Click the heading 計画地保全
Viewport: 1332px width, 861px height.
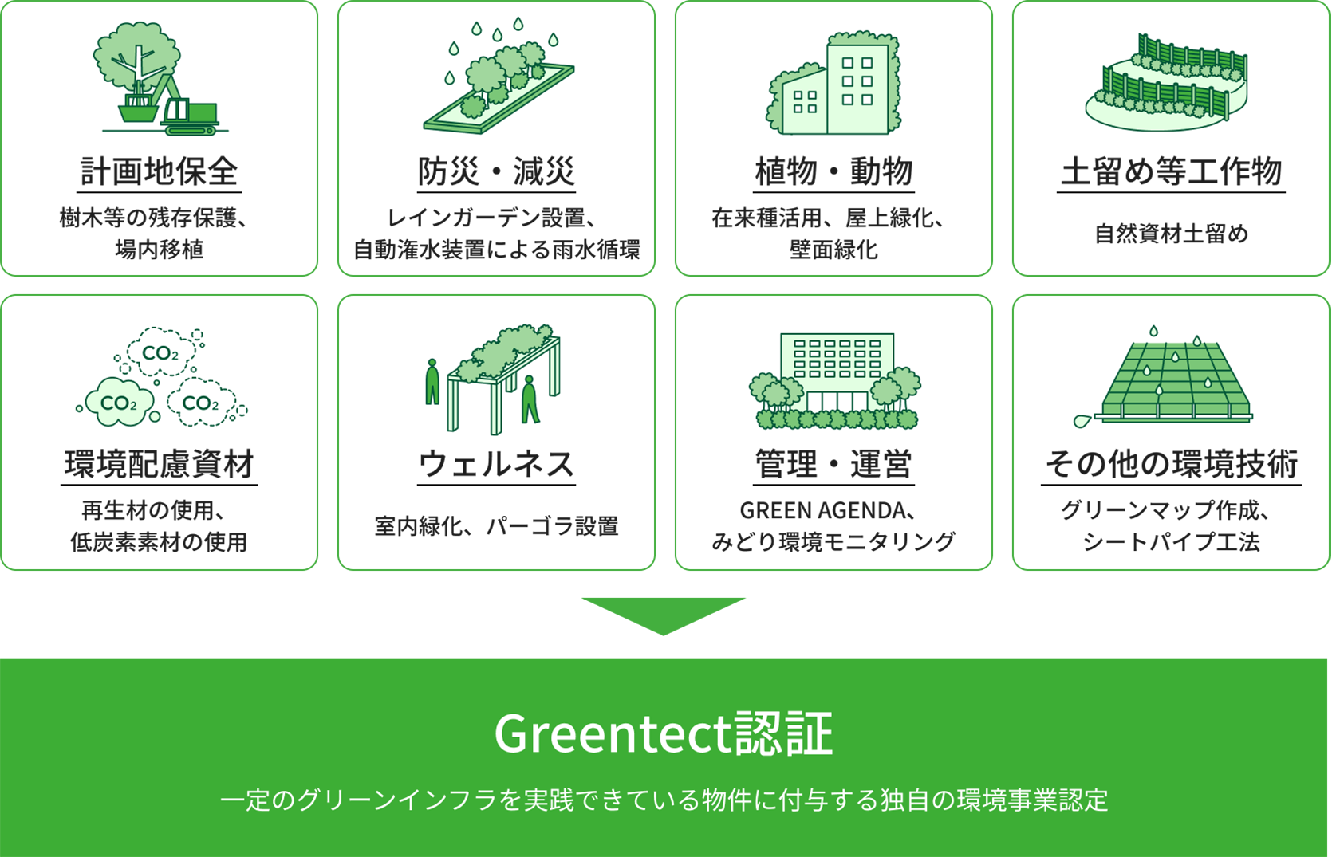pyautogui.click(x=159, y=171)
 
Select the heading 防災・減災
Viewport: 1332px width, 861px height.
pyautogui.click(x=496, y=171)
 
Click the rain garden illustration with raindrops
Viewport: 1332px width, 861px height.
pyautogui.click(x=499, y=76)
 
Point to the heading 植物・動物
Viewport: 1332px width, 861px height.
pyautogui.click(x=833, y=171)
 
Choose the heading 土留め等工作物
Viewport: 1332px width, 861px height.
pyautogui.click(x=1171, y=171)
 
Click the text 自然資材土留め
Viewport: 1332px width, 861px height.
pyautogui.click(x=1171, y=234)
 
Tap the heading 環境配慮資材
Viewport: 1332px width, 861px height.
pyautogui.click(x=159, y=464)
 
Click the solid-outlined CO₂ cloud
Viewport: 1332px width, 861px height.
pyautogui.click(x=120, y=403)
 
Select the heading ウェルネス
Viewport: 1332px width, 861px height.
pyautogui.click(x=496, y=464)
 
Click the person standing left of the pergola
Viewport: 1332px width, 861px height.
pyautogui.click(x=432, y=382)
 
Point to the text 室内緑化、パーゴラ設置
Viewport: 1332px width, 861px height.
pyautogui.click(x=496, y=526)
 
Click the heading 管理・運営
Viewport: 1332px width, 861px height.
pyautogui.click(x=833, y=464)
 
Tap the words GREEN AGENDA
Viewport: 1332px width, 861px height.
pyautogui.click(x=822, y=510)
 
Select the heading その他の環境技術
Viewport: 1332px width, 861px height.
pyautogui.click(x=1171, y=464)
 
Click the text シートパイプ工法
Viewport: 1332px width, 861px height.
pyautogui.click(x=1171, y=541)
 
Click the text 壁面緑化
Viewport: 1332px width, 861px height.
pyautogui.click(x=833, y=250)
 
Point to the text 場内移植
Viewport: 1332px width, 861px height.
pyautogui.click(x=159, y=250)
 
